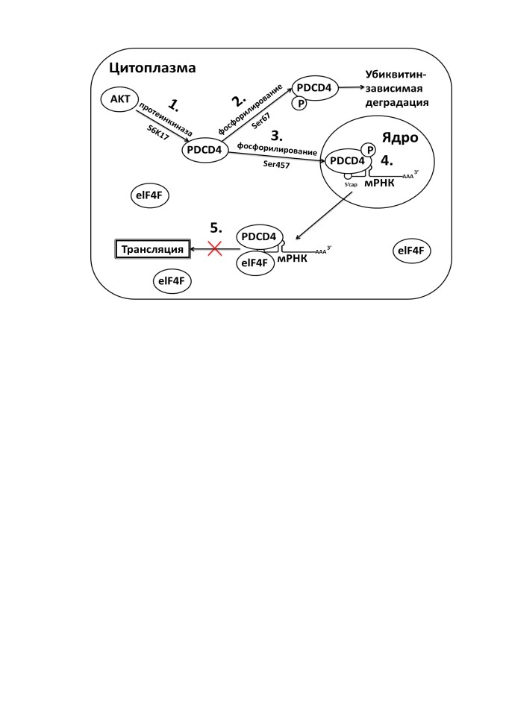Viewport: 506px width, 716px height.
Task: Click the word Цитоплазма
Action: (x=152, y=68)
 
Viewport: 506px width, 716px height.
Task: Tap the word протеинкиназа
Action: (x=165, y=119)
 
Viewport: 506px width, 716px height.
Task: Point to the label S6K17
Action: (x=158, y=133)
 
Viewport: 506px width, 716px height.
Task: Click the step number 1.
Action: (x=174, y=105)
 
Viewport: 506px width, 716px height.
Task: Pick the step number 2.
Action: (x=239, y=100)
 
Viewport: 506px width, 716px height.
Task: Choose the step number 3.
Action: (x=277, y=136)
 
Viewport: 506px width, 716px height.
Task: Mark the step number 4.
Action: (x=387, y=161)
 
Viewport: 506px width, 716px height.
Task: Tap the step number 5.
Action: (x=216, y=227)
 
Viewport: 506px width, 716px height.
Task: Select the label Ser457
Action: (x=276, y=164)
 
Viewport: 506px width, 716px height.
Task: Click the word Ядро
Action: (x=399, y=138)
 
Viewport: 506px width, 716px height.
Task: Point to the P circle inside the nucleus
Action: (x=368, y=149)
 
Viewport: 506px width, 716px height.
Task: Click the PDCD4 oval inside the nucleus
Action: (x=347, y=161)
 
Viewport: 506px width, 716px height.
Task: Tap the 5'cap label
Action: (x=351, y=184)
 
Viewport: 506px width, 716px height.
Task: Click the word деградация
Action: (x=397, y=102)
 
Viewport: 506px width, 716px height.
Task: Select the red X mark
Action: (x=215, y=249)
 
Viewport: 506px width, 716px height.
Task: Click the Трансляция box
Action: (x=152, y=249)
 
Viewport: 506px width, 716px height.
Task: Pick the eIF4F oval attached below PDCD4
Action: (x=255, y=263)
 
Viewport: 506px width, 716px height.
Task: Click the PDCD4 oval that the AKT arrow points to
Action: (x=204, y=150)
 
